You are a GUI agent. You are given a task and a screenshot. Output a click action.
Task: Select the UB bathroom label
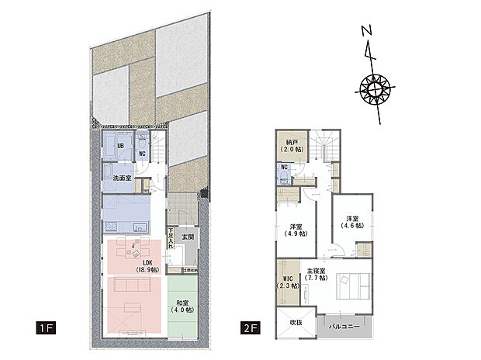122,145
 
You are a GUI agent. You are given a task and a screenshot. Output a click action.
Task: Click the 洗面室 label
122,178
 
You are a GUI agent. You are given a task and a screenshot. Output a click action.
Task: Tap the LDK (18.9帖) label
147,265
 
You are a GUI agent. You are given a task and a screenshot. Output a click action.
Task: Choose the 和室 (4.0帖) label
184,306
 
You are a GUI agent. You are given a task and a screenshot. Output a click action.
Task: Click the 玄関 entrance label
187,237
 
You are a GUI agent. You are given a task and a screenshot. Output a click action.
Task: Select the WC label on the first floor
142,154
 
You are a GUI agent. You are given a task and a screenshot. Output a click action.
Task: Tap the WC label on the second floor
284,167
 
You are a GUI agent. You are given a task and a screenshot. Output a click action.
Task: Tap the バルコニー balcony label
344,327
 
